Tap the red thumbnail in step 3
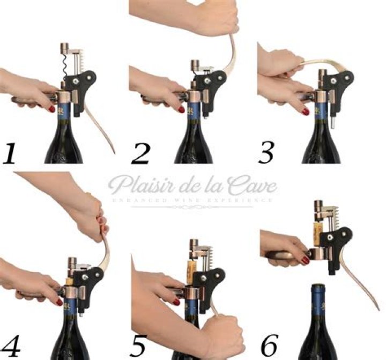point(305,112)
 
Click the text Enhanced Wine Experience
point(193,200)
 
